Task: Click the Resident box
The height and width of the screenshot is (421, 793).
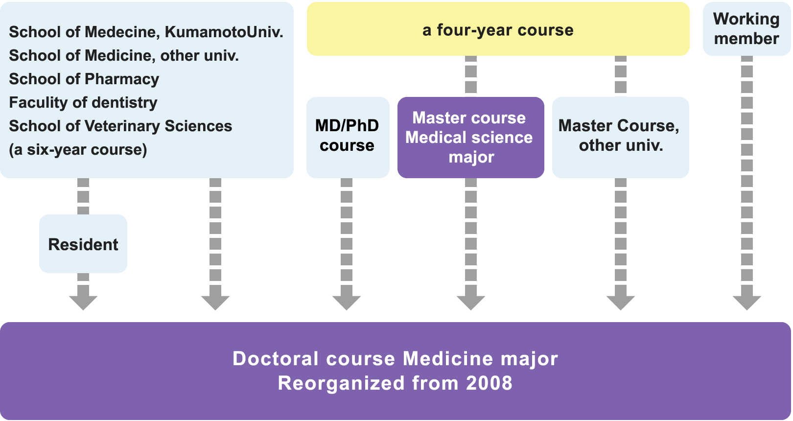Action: pos(83,244)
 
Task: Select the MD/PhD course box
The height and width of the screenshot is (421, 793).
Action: pos(348,137)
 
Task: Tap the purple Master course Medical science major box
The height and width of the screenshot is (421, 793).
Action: pos(470,137)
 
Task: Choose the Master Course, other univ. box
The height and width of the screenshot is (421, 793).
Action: pos(620,137)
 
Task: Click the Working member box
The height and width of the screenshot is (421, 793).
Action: pos(746,28)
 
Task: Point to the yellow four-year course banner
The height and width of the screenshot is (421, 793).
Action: pos(498,29)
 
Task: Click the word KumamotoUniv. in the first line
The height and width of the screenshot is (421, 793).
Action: pos(224,32)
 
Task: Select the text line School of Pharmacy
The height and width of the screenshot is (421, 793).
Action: pos(84,79)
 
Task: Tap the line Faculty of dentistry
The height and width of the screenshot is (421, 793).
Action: pos(83,102)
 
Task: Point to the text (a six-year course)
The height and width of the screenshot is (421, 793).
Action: pos(78,149)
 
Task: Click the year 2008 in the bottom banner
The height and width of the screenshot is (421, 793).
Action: pos(489,383)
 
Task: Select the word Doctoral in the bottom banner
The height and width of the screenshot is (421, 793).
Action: pos(276,358)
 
